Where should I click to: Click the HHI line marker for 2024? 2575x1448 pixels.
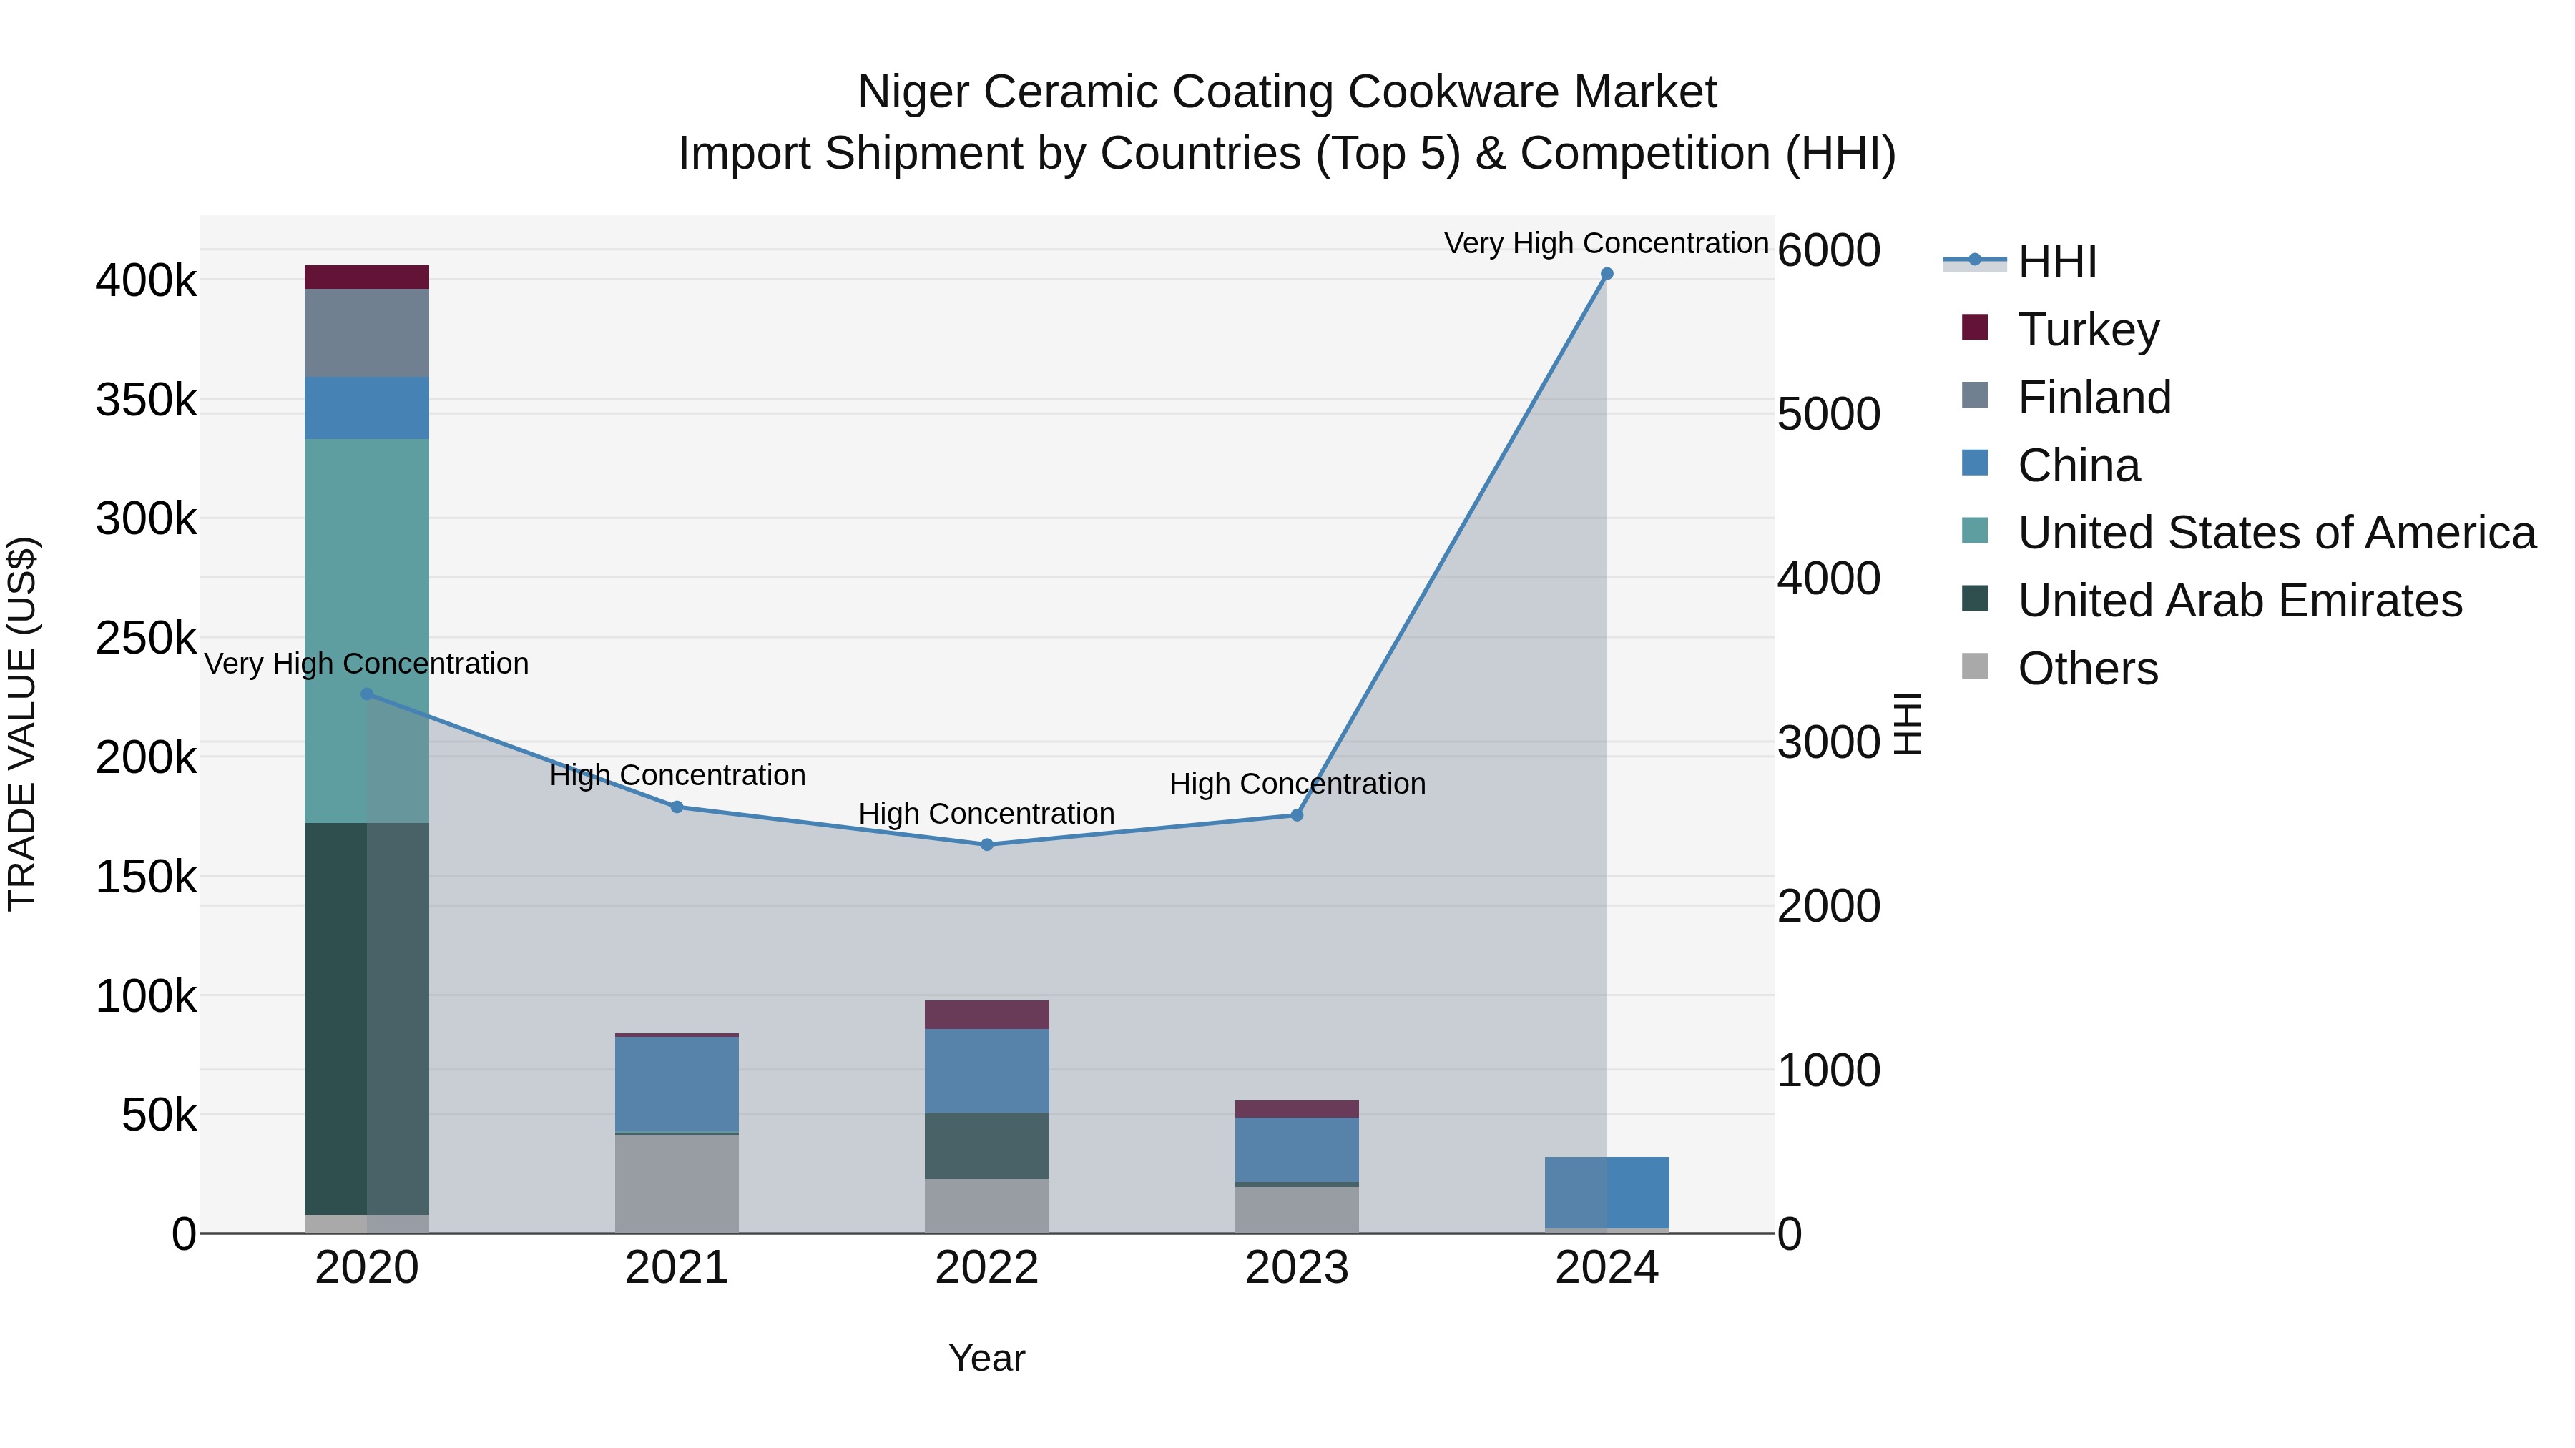click(1607, 274)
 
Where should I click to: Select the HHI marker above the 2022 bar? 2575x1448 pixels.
click(986, 844)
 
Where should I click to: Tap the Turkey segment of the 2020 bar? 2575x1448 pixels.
click(367, 277)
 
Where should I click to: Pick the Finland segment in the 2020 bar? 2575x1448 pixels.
click(367, 333)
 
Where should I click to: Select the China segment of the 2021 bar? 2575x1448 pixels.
click(677, 1084)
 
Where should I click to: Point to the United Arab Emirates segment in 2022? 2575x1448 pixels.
click(986, 1146)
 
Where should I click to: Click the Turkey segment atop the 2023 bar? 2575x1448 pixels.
click(1297, 1109)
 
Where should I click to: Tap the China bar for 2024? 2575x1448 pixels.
click(1607, 1192)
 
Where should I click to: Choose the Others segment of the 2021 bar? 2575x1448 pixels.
click(677, 1184)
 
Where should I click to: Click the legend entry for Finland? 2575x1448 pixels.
click(2094, 398)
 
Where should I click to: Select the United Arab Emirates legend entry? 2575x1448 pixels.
click(2239, 601)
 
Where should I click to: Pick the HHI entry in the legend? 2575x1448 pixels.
click(2056, 262)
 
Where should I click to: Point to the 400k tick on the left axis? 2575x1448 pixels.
click(146, 281)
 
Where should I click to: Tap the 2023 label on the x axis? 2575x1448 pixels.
click(1297, 1268)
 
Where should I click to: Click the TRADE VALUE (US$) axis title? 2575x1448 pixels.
click(22, 724)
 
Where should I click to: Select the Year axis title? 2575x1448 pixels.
click(986, 1358)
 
